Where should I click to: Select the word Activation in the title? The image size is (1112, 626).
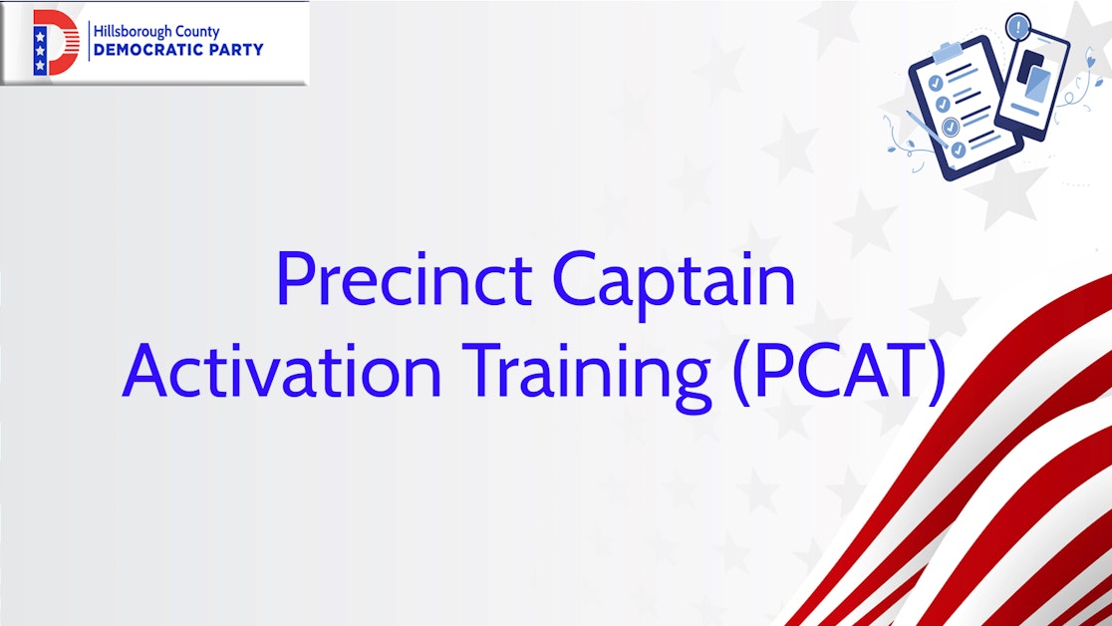[x=281, y=371]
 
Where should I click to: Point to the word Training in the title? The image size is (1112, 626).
[x=588, y=371]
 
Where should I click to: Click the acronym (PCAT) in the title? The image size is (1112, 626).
[x=837, y=371]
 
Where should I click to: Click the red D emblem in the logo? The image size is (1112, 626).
[x=56, y=43]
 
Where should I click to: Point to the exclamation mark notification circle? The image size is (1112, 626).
[x=1018, y=26]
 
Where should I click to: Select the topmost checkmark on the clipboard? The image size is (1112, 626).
[x=935, y=83]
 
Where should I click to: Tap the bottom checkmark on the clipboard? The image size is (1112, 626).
[x=958, y=150]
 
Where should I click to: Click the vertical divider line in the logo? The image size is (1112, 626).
[x=88, y=42]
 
